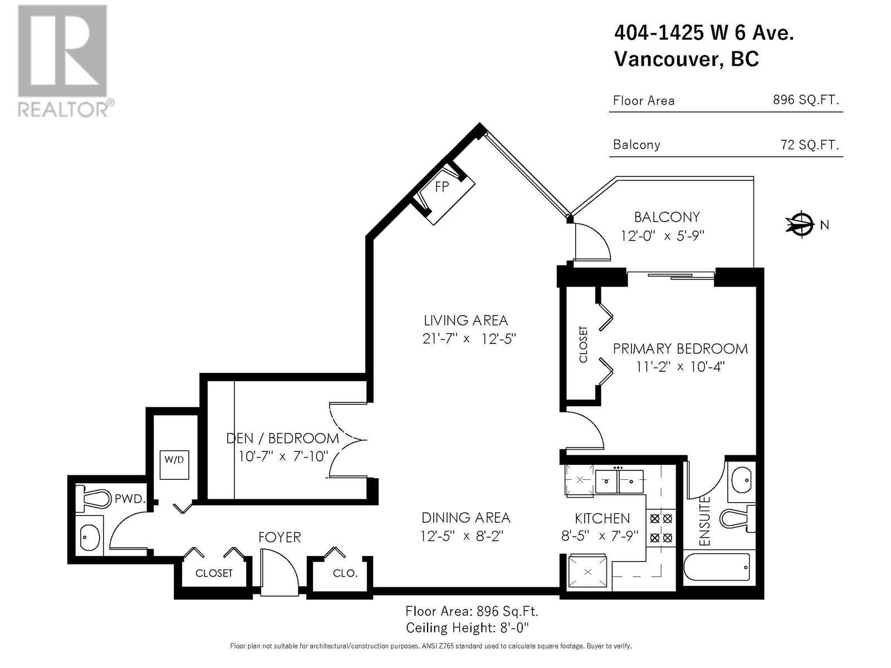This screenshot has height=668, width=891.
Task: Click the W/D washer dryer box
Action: tap(174, 465)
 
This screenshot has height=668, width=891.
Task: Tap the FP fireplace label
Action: tap(442, 186)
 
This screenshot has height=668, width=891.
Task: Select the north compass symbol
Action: tap(800, 224)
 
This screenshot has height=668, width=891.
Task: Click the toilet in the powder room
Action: tap(93, 498)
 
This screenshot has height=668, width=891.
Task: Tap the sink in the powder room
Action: tap(89, 537)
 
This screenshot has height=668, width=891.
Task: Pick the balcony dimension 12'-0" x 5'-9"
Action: tap(662, 235)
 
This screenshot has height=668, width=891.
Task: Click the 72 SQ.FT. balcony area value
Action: tap(810, 145)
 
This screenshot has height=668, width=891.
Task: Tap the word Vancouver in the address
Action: tap(667, 59)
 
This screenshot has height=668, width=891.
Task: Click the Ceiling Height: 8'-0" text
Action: tap(467, 628)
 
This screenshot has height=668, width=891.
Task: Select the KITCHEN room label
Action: tap(603, 518)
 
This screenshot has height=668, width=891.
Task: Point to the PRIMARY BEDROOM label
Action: tap(680, 349)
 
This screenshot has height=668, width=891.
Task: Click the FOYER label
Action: tap(280, 537)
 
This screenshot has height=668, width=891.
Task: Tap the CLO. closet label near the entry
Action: tap(345, 573)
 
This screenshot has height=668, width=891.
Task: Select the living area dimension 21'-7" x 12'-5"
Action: tap(469, 338)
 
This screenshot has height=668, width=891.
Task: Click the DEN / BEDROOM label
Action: tap(282, 439)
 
